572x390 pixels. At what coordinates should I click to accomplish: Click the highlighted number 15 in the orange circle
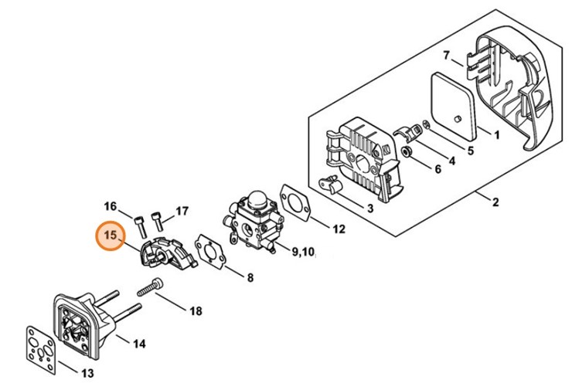point(110,236)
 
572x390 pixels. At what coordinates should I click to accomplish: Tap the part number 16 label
point(111,206)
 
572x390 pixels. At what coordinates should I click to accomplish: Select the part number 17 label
point(182,211)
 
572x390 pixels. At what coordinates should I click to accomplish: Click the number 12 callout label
point(339,229)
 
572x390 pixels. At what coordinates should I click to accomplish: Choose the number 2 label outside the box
point(495,202)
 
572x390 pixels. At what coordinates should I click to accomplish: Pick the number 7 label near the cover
point(447,56)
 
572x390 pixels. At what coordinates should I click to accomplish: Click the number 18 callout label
point(196,311)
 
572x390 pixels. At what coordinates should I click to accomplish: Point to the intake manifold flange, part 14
point(85,316)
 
